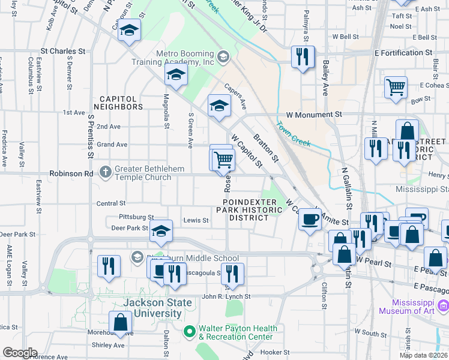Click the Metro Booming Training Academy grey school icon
(x=223, y=57)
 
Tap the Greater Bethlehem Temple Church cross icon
(x=106, y=173)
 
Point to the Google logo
(x=19, y=353)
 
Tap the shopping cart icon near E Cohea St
(x=396, y=88)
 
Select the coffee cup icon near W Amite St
(x=310, y=220)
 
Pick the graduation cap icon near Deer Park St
(x=161, y=232)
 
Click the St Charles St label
(x=61, y=52)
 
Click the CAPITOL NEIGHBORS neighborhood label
(x=121, y=103)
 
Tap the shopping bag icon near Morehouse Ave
(x=121, y=322)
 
